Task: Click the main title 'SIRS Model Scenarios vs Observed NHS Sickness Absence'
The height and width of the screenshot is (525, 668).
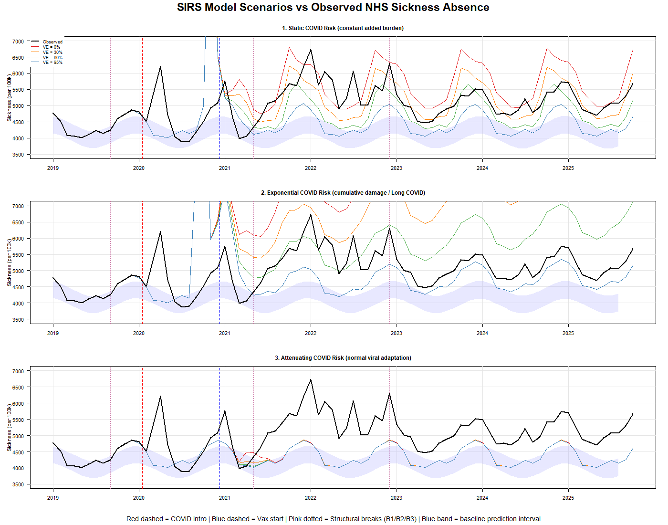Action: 333,8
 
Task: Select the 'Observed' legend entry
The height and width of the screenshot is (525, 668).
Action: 52,42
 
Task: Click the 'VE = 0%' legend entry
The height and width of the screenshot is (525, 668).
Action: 52,47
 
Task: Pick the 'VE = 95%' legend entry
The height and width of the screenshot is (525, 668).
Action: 52,63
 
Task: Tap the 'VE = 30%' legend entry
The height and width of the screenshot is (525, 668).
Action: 52,52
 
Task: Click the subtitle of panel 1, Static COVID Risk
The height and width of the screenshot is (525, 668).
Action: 343,28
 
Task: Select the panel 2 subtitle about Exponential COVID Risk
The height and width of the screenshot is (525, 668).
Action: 343,193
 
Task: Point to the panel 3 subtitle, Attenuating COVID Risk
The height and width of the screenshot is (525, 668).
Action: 343,358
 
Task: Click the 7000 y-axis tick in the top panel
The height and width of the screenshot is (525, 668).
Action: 18,42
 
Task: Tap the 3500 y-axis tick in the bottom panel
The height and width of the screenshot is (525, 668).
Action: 18,484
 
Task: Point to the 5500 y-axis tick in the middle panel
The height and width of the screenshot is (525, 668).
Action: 18,255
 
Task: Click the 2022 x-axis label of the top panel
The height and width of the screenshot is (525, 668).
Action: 311,168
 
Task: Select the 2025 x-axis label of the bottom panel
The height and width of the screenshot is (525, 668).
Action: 568,498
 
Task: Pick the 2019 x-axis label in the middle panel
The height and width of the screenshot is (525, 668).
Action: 53,333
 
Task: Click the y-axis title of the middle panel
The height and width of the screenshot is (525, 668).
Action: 9,263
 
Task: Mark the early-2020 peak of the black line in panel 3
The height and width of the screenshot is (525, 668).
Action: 160,396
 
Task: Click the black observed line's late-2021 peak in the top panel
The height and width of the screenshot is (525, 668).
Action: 311,50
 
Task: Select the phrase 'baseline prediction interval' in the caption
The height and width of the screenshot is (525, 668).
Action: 500,519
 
